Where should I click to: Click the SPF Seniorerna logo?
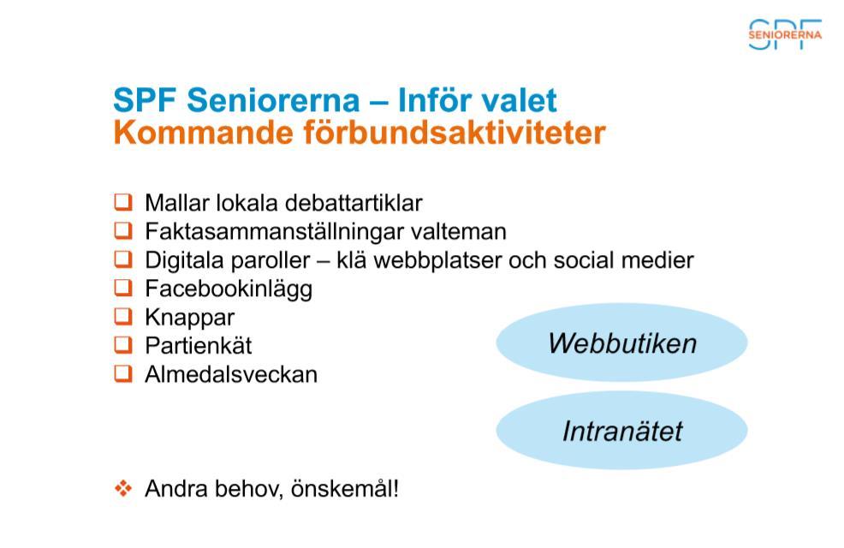(785, 34)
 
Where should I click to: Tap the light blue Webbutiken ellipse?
(621, 342)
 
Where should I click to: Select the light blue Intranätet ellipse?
(621, 430)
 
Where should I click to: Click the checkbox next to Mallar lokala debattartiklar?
(123, 202)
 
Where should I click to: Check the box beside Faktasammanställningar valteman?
(123, 231)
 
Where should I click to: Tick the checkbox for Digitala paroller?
(123, 259)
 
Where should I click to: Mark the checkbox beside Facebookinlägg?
(123, 288)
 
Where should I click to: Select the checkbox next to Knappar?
(123, 317)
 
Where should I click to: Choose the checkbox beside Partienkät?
(123, 345)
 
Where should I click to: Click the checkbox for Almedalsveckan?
(123, 373)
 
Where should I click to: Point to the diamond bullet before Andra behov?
(123, 488)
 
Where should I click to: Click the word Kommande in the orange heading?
(204, 133)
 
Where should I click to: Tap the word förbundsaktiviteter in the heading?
(455, 133)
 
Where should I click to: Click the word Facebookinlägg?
(229, 289)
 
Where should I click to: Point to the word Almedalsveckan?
(231, 374)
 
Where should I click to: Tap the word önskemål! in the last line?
(345, 489)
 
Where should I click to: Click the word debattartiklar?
(354, 203)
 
